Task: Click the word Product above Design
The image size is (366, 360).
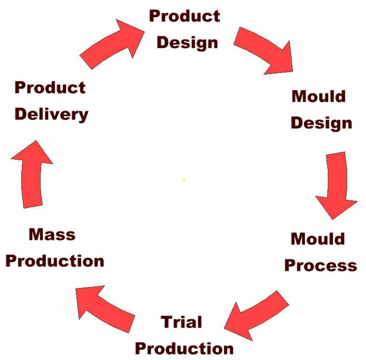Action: pyautogui.click(x=184, y=16)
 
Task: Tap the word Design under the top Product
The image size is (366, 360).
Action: pyautogui.click(x=187, y=43)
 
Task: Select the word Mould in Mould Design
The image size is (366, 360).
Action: pyautogui.click(x=319, y=96)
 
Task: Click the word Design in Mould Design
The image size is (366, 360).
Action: pyautogui.click(x=321, y=123)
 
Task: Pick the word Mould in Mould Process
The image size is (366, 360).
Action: pyautogui.click(x=318, y=239)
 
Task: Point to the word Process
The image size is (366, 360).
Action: pyautogui.click(x=321, y=265)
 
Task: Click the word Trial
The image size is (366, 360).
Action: pyautogui.click(x=181, y=322)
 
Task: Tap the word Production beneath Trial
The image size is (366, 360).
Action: pyautogui.click(x=184, y=348)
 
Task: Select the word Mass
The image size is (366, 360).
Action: pyautogui.click(x=52, y=234)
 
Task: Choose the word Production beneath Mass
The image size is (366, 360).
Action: pyautogui.click(x=55, y=261)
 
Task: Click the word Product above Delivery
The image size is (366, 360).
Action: pyautogui.click(x=50, y=88)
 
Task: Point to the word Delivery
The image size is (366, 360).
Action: pyautogui.click(x=51, y=115)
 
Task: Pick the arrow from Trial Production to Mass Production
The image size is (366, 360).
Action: pyautogui.click(x=103, y=308)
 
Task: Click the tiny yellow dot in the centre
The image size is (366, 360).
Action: pyautogui.click(x=184, y=180)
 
